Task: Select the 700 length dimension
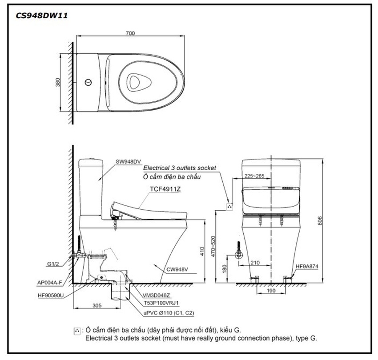130,32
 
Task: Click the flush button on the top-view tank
88,82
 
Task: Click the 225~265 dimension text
254,176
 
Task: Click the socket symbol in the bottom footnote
77,331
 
